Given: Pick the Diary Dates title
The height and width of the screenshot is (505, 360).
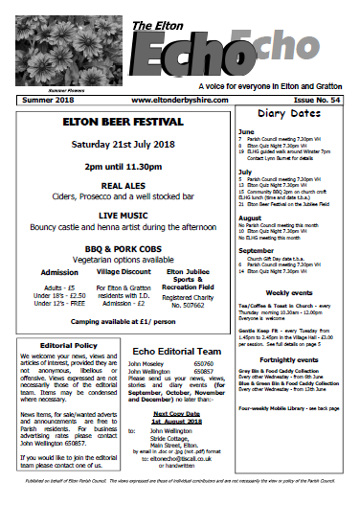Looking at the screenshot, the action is coord(293,114).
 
